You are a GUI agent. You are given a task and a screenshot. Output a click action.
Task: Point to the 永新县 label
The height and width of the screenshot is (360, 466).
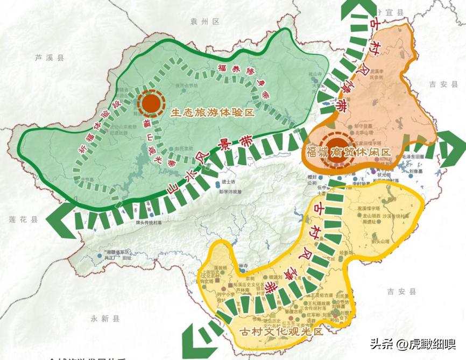point(105,319)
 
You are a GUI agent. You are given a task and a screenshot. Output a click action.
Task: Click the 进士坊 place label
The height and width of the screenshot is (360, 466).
point(228,182)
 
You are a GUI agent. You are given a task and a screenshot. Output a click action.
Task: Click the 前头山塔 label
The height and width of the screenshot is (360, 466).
point(380,242)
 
